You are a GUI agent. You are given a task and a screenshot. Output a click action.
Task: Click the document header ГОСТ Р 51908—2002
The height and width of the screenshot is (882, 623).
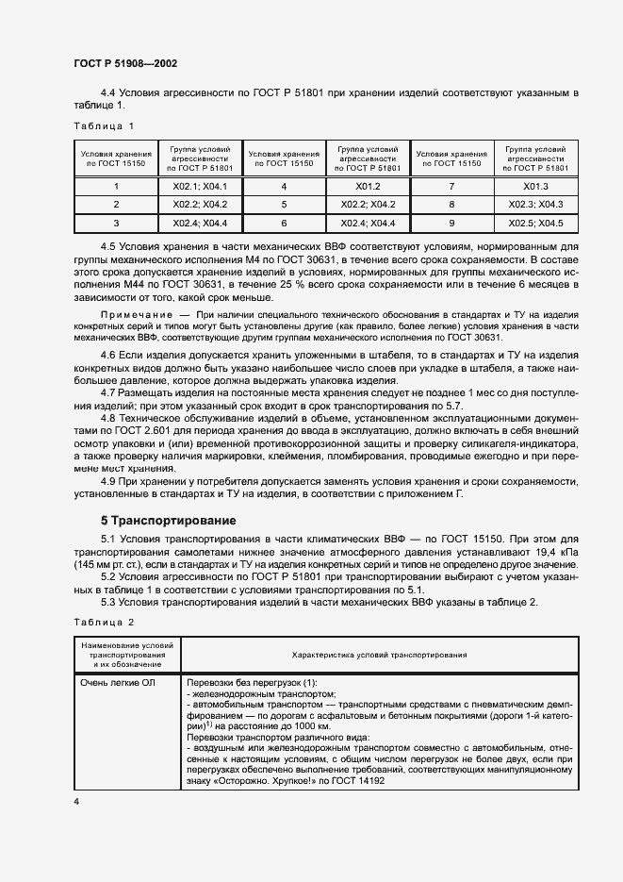tap(125, 64)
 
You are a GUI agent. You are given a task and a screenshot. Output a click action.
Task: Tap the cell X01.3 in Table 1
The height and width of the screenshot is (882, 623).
tap(535, 187)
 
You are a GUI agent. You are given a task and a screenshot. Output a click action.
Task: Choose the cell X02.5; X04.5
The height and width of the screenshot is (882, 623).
tap(535, 224)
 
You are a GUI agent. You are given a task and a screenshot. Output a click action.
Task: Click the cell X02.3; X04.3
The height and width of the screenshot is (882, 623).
tap(535, 205)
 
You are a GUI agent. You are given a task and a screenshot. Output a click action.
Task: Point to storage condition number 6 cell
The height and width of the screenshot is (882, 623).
tap(284, 224)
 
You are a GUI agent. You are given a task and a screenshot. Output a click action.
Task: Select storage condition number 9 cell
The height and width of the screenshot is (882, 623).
tap(451, 224)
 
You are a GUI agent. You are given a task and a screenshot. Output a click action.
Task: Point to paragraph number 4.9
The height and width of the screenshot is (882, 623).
tap(108, 481)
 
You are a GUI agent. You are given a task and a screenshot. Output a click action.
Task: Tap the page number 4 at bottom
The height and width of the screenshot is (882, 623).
tap(75, 801)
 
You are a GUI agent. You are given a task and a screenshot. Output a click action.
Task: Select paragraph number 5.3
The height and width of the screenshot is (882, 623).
tap(108, 603)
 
